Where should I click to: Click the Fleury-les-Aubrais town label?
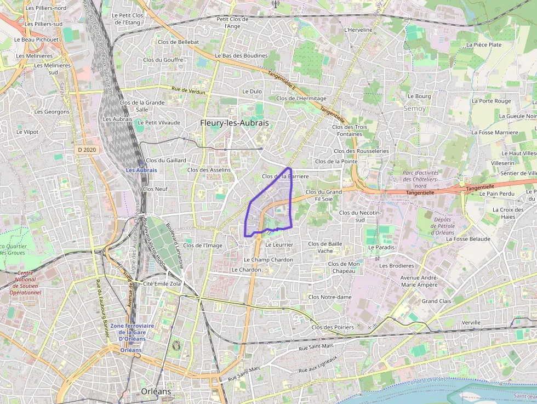235,123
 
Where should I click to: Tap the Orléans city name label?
156,391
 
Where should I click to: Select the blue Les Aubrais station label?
141,170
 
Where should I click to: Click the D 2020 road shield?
87,149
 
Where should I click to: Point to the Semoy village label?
414,109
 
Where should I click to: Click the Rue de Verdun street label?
188,90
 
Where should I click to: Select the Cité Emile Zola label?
162,283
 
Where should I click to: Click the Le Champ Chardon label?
268,259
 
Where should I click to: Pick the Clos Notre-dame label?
330,297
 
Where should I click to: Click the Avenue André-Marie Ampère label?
419,281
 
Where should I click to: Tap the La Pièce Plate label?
483,44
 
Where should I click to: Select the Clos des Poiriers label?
333,327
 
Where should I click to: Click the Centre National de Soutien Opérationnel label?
25,282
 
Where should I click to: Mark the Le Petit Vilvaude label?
159,122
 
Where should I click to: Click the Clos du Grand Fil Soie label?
324,195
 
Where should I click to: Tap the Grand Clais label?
436,301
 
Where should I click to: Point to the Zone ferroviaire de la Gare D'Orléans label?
132,332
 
